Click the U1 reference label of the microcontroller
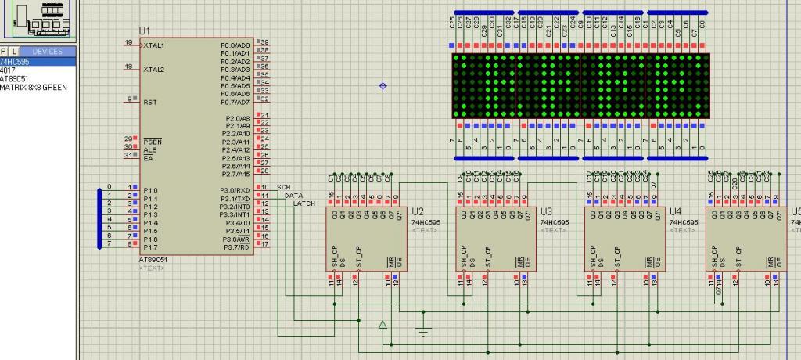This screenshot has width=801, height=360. [x=145, y=31]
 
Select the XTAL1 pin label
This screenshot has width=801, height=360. [x=154, y=46]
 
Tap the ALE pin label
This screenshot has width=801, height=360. [x=149, y=149]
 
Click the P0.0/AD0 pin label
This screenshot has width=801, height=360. [x=236, y=45]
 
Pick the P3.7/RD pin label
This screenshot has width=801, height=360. [x=237, y=247]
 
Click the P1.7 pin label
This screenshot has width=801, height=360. [x=150, y=247]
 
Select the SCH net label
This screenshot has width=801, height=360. [x=284, y=188]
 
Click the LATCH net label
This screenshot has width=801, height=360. [x=304, y=203]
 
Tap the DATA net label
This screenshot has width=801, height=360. [x=293, y=196]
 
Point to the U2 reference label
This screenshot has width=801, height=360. [x=418, y=212]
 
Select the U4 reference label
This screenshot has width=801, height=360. [x=676, y=212]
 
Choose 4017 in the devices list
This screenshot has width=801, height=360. [x=8, y=70]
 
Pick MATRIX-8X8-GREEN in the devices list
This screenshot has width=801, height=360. [x=33, y=87]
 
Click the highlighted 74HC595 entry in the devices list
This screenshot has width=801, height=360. [x=15, y=61]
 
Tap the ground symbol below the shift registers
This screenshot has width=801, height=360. [x=423, y=331]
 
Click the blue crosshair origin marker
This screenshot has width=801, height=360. [x=383, y=85]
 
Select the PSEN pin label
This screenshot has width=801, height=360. [x=151, y=142]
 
